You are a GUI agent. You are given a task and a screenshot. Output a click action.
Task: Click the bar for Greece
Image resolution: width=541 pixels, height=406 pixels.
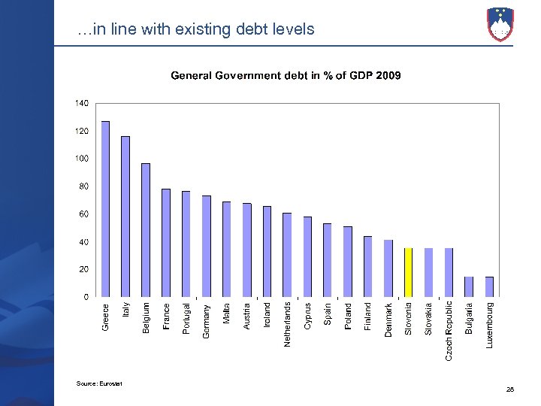(105, 208)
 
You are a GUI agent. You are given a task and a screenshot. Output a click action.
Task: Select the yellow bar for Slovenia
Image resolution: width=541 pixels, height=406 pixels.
(408, 272)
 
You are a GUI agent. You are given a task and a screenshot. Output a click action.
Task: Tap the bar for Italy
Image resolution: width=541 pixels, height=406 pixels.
(125, 216)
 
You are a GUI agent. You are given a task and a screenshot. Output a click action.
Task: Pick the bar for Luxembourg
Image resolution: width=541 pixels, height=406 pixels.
(489, 286)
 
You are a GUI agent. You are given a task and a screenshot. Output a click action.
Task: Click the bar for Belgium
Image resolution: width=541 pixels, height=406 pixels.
(146, 229)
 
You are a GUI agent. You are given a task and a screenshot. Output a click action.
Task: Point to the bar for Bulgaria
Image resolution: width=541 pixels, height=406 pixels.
(469, 286)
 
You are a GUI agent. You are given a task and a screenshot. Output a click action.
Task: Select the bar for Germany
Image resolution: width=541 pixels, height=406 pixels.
(207, 246)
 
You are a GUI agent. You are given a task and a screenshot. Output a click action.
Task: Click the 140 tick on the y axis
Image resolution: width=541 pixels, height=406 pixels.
(81, 102)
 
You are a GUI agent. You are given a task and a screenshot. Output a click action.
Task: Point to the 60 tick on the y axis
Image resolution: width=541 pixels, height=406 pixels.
(83, 214)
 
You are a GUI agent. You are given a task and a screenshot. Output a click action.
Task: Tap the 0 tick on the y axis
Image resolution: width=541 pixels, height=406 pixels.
(85, 297)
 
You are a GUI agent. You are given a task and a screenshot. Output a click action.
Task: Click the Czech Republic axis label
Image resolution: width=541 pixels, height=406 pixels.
(449, 330)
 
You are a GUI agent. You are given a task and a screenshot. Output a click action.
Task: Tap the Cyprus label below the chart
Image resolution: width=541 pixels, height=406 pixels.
(307, 316)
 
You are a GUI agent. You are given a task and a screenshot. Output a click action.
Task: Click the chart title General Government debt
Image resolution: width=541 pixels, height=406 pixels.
(286, 75)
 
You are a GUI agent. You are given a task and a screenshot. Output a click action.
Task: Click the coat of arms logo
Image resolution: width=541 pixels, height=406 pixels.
(500, 23)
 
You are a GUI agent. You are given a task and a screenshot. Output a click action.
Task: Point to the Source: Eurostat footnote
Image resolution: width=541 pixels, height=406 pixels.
(98, 384)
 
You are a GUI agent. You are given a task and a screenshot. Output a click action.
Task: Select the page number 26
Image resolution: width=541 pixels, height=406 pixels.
(510, 389)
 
